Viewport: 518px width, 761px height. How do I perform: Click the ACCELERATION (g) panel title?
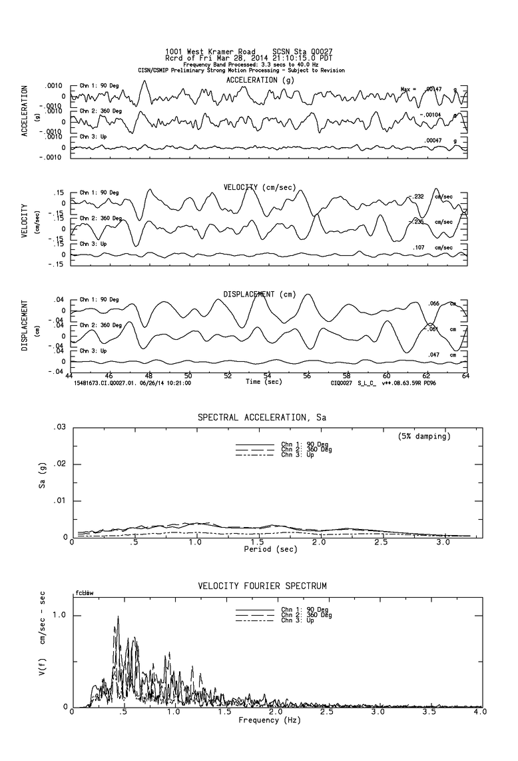(260, 80)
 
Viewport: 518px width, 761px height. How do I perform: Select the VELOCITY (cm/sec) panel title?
(260, 187)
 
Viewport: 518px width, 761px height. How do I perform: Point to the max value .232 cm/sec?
(419, 197)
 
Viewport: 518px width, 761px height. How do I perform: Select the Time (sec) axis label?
(264, 382)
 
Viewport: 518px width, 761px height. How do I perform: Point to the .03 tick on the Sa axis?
(60, 426)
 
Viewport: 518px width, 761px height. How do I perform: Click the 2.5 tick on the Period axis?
(381, 544)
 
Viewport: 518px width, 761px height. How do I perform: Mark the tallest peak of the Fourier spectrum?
(118, 617)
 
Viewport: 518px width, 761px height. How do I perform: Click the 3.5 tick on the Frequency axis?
(431, 713)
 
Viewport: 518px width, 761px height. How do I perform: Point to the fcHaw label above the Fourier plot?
(83, 592)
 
